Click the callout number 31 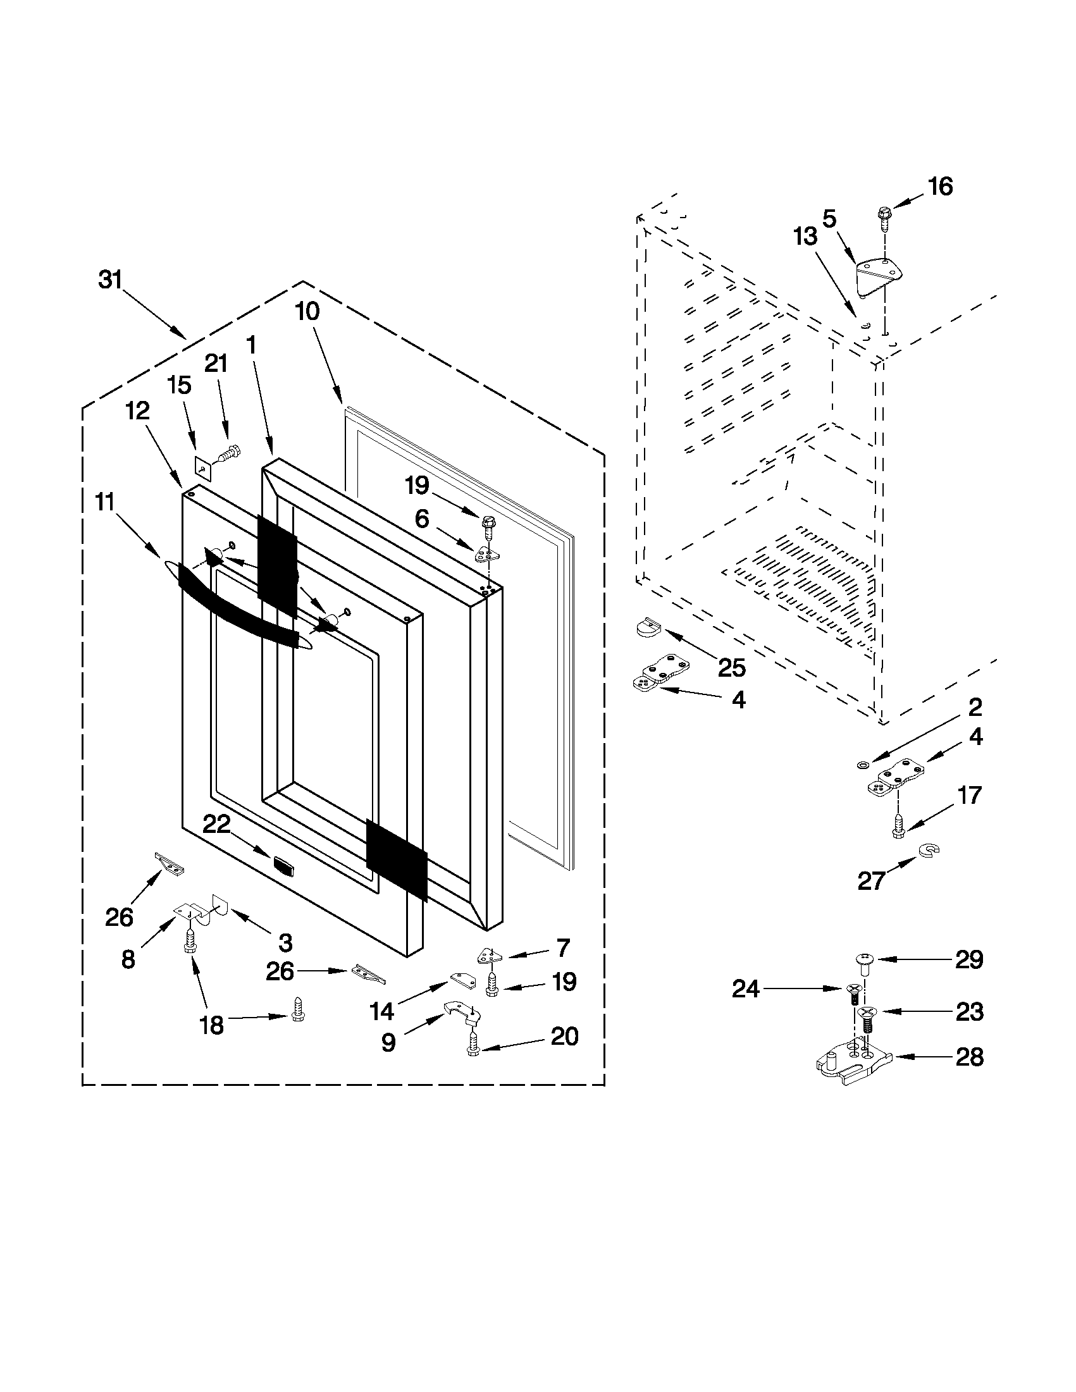click(109, 280)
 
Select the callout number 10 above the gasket click(307, 312)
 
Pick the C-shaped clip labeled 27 click(930, 849)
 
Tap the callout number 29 click(969, 959)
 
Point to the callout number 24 click(745, 989)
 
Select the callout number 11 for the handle click(104, 502)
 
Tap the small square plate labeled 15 click(202, 469)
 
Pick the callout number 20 click(564, 1037)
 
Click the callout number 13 click(805, 237)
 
